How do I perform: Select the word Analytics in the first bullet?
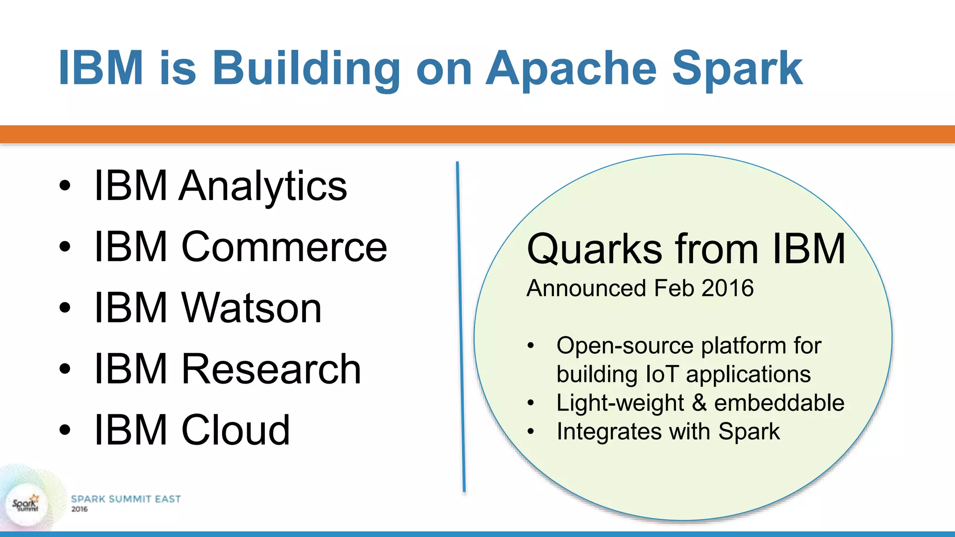click(x=263, y=186)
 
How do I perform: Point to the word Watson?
click(x=251, y=308)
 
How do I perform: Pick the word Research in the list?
click(x=271, y=369)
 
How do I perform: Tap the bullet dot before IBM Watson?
click(x=65, y=308)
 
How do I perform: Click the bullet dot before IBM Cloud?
click(x=65, y=430)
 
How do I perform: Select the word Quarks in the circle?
click(x=594, y=250)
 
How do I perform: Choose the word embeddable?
click(x=779, y=403)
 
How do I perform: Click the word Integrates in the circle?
click(x=609, y=432)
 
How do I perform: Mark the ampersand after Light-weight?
click(x=699, y=403)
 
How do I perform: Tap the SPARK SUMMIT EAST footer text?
click(x=126, y=499)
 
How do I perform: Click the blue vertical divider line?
click(x=461, y=326)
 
